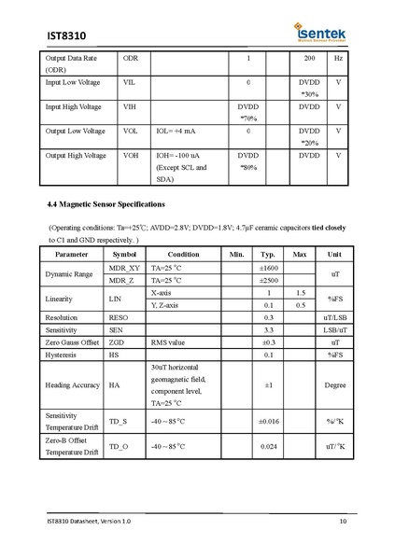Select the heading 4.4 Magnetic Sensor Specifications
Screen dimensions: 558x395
point(106,202)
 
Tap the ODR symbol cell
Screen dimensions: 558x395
point(131,59)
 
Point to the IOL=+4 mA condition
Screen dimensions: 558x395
point(176,131)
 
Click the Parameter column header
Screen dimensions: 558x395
point(72,254)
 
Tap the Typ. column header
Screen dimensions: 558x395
point(268,254)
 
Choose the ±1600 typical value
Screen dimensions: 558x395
point(268,268)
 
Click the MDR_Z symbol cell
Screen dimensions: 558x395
point(124,280)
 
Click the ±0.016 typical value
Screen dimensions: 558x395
point(268,422)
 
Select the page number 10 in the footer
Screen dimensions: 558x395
point(343,521)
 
